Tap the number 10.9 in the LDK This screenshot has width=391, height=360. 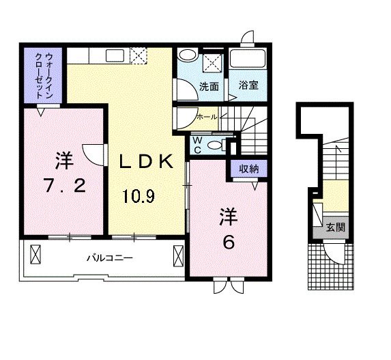click(x=139, y=197)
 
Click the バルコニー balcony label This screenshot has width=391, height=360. click(x=108, y=258)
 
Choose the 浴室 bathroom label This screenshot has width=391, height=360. click(x=248, y=87)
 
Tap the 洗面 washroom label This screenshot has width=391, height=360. click(x=209, y=87)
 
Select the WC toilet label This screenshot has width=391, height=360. click(x=197, y=145)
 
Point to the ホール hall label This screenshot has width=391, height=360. click(x=206, y=117)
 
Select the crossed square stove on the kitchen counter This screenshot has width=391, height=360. click(x=139, y=55)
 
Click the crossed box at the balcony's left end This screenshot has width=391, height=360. click(x=36, y=257)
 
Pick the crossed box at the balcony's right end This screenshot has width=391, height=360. click(x=179, y=257)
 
